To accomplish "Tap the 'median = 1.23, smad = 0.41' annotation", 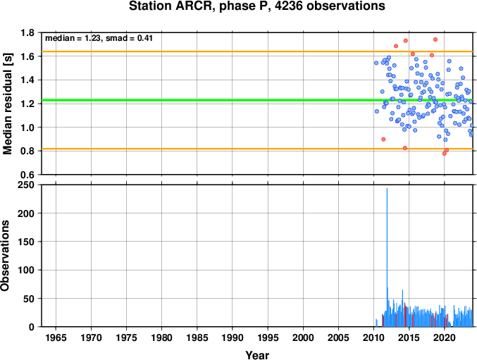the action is tap(99, 38).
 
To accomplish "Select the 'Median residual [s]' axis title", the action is tap(7, 104).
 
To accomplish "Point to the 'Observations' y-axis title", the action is tap(5, 256).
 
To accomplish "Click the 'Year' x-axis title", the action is tap(257, 355).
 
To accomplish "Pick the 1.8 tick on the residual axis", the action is tap(27, 32).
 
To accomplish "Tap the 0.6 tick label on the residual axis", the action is tap(27, 175).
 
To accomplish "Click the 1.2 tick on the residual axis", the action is tap(27, 104).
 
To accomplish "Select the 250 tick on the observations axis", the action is tap(26, 185).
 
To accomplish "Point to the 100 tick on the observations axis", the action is tap(26, 270).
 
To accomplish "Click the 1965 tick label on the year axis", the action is tap(56, 337).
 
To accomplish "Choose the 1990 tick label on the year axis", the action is tap(233, 337).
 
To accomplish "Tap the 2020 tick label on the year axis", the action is tap(445, 337).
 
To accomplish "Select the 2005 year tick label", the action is tap(338, 337).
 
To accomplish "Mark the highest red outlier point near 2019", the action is tap(435, 39).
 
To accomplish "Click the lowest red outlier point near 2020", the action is tap(444, 154).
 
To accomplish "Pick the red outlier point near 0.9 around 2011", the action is tap(383, 139).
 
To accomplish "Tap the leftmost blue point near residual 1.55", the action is tap(376, 63).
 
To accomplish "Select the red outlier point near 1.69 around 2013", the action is tap(396, 46).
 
